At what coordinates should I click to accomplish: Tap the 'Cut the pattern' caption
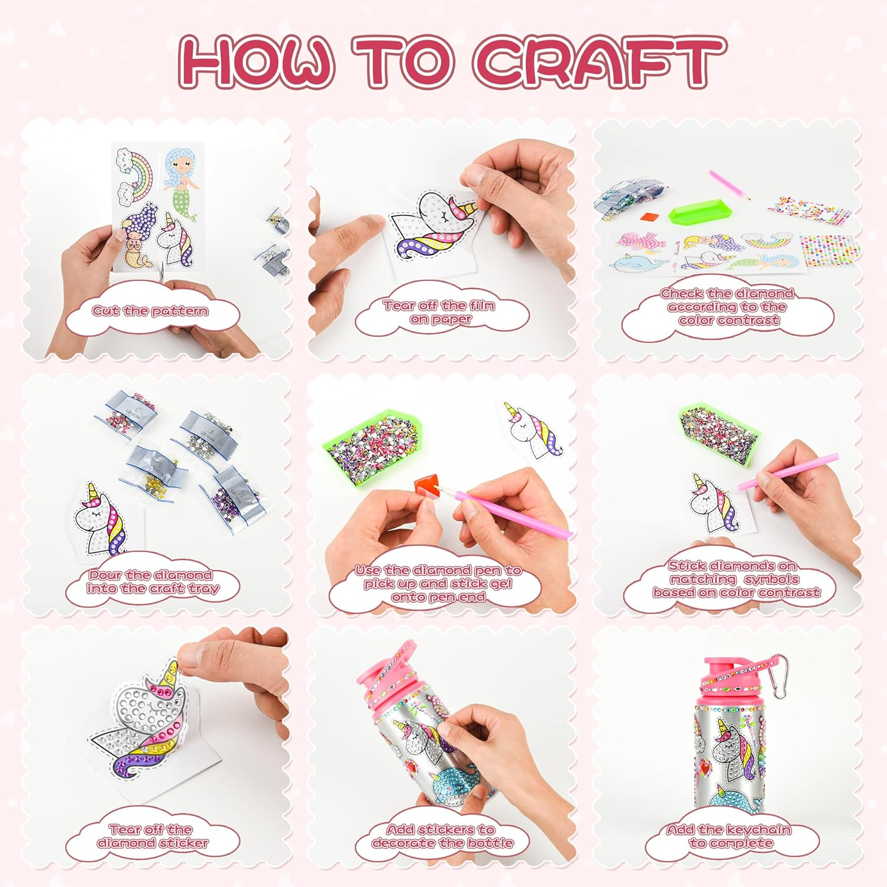[150, 311]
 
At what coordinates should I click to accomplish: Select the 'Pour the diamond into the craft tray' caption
[152, 582]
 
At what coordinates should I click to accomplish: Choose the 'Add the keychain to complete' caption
[730, 836]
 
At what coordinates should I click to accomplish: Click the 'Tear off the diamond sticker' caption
[151, 836]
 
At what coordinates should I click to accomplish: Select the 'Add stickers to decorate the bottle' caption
[441, 836]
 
